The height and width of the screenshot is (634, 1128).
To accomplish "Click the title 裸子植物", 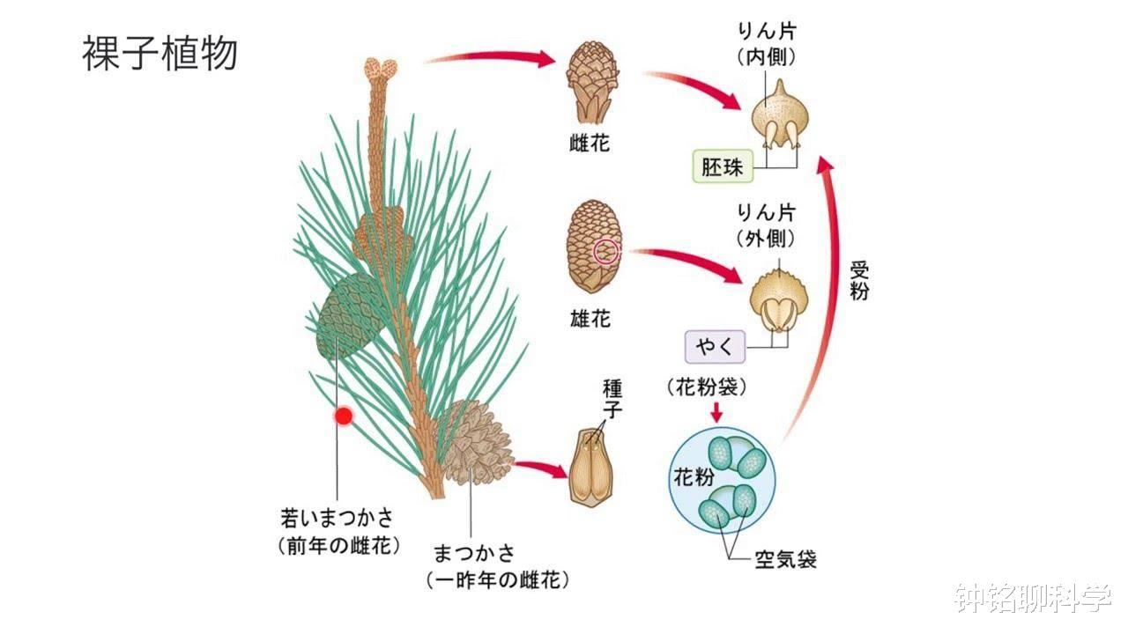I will tap(160, 54).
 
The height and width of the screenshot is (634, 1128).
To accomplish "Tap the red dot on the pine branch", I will tap(343, 416).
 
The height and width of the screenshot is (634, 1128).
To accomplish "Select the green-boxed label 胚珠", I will tap(722, 166).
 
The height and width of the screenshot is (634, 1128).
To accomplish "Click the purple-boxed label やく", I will tap(715, 347).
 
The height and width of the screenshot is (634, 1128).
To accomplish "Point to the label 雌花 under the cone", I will tap(590, 143).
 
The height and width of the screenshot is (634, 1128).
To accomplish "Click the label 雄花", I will tap(590, 319).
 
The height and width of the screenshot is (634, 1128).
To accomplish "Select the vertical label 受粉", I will tap(858, 280).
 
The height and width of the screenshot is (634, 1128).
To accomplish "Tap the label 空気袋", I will tap(784, 558).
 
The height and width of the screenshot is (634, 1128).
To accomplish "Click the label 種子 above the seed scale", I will tap(612, 399).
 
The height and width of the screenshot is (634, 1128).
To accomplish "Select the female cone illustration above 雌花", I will tap(588, 83).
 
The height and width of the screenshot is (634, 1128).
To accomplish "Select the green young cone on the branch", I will tap(350, 312).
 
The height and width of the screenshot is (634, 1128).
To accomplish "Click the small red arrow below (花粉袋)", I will tap(716, 411).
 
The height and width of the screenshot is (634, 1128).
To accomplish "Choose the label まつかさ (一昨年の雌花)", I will tap(496, 566).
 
